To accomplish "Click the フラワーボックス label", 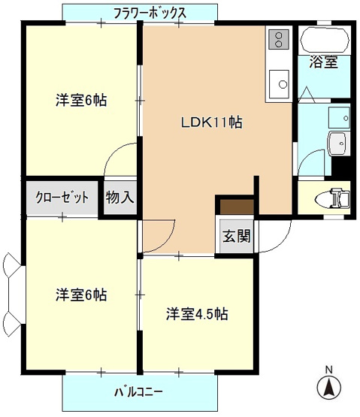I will coord(150,13).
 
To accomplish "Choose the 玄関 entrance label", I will coord(235,234).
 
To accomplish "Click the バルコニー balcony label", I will coord(138,392).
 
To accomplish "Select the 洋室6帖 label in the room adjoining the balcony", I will coord(80,295).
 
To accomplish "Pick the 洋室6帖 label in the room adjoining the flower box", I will coord(80,100).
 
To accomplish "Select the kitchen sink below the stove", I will coord(278,81).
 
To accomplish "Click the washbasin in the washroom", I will coord(337,141).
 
